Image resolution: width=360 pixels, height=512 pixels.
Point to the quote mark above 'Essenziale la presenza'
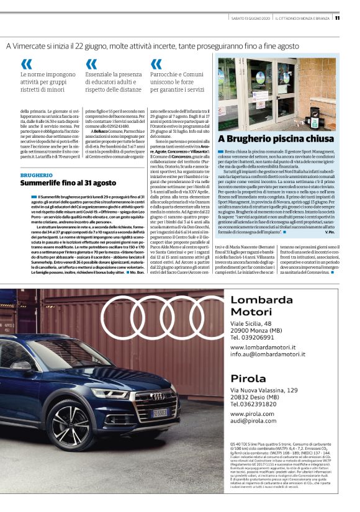92,63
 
